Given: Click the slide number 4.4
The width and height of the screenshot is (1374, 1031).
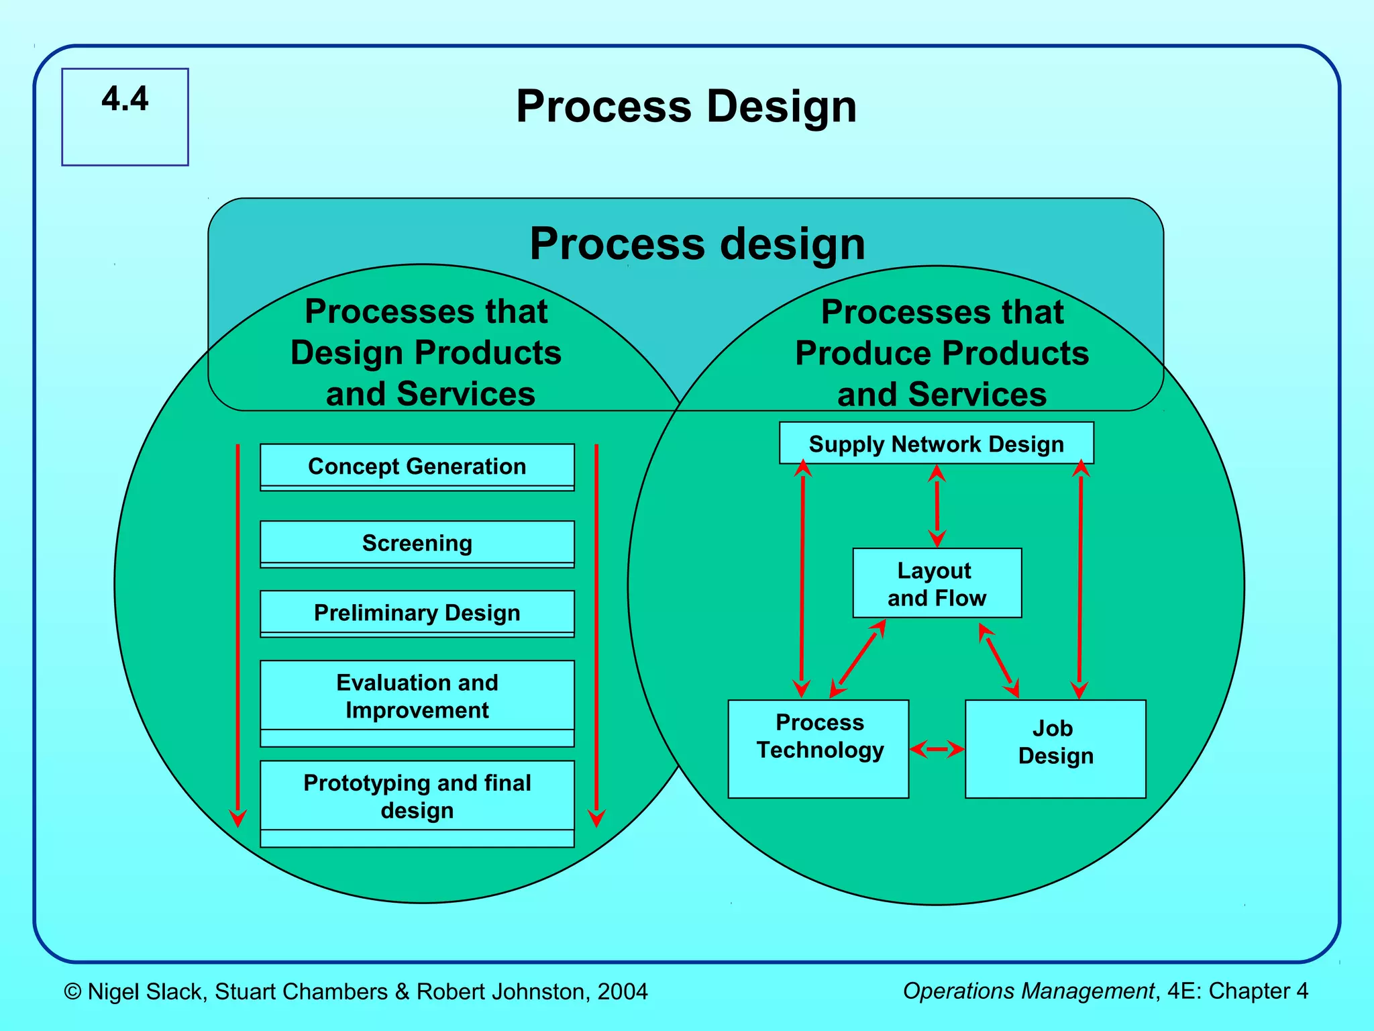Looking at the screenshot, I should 125,99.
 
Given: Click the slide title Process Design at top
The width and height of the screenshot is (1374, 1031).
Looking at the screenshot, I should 686,107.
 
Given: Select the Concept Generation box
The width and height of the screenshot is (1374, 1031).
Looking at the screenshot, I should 417,467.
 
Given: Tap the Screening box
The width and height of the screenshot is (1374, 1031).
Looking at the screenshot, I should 417,543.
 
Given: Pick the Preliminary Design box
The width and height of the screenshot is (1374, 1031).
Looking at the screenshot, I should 417,613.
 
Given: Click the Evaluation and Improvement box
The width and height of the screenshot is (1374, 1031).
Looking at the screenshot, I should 417,696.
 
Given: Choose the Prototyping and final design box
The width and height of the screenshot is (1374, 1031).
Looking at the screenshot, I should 417,797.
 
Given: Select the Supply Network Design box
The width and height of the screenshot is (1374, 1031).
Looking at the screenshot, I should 936,444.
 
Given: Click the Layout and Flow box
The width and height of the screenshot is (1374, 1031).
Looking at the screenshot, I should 937,583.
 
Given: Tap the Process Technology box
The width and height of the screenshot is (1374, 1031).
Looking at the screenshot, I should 818,748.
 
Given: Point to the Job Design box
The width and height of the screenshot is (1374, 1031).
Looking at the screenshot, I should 1055,748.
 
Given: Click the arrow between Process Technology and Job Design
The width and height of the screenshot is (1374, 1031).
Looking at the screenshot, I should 937,749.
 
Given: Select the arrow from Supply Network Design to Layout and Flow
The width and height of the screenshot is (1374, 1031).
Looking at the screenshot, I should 937,506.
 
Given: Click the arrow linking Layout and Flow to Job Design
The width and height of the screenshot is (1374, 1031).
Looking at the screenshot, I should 998,660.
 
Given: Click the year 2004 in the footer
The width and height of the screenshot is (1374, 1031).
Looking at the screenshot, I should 623,991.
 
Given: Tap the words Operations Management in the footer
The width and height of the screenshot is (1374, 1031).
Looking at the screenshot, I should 1028,991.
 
